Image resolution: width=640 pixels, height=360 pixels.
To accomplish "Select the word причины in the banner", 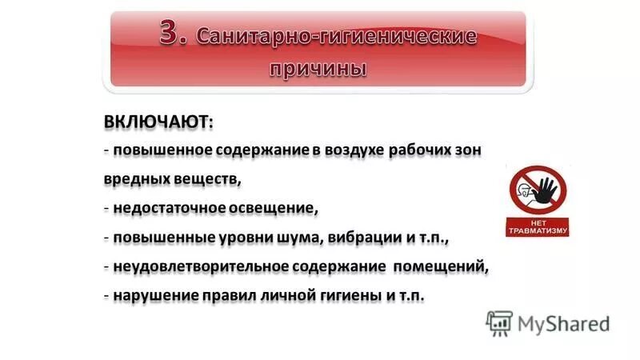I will tap(318, 69).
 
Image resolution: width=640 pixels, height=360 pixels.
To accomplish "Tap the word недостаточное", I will tap(166, 209).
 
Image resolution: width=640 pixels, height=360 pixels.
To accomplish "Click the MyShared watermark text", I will tap(563, 323).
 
